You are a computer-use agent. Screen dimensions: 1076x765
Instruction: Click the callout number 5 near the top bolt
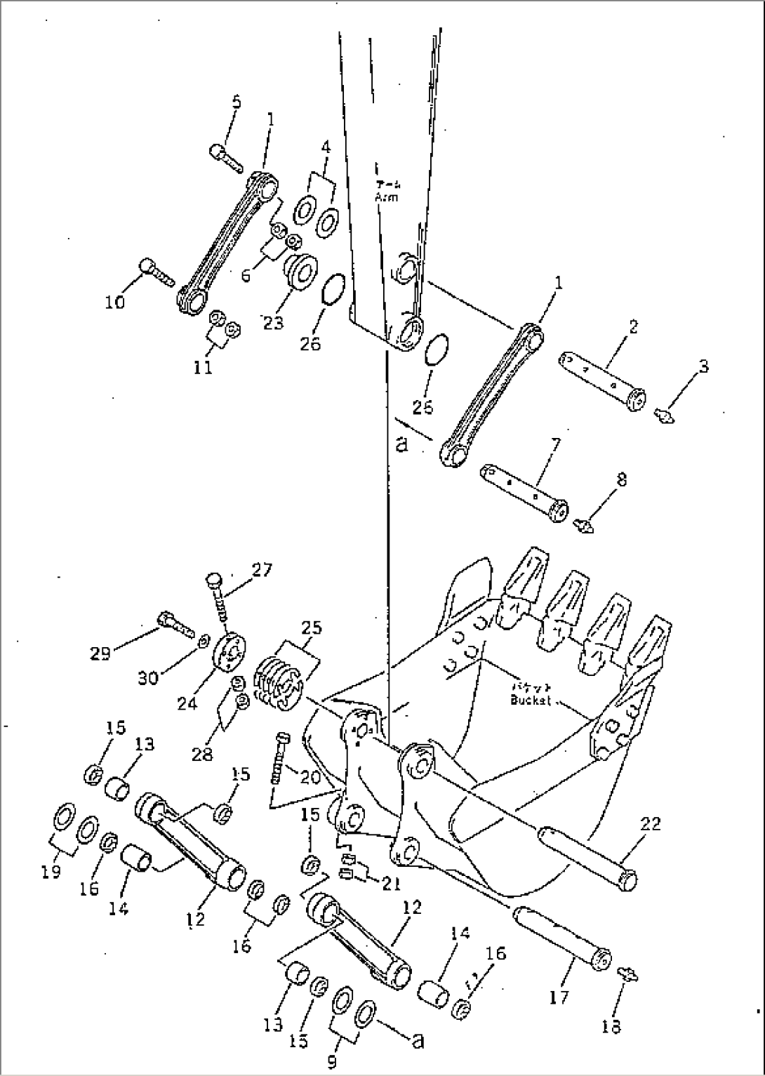[x=236, y=102]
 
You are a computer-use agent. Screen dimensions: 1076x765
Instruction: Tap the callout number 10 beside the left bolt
[x=115, y=302]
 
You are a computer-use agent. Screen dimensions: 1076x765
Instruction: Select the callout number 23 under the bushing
[x=274, y=322]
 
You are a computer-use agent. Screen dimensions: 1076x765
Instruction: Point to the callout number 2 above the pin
[x=632, y=326]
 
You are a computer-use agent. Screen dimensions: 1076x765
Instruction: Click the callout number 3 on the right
[x=703, y=366]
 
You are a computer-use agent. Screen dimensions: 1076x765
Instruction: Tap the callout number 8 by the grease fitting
[x=621, y=480]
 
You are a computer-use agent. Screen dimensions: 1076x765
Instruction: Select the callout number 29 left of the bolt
[x=100, y=653]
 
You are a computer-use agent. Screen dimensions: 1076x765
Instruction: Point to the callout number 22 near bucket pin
[x=650, y=824]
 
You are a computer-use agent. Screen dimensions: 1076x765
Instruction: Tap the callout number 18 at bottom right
[x=611, y=1027]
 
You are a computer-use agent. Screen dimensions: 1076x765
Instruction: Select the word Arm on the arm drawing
[x=385, y=197]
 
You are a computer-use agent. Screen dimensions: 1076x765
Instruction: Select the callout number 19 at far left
[x=51, y=872]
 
